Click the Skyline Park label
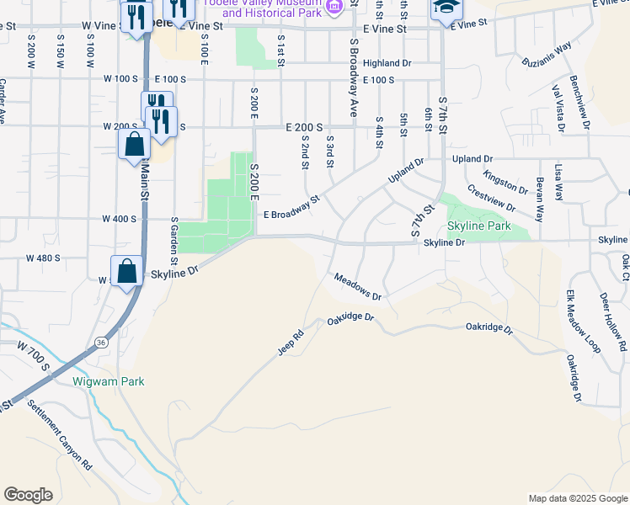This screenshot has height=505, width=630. click(478, 226)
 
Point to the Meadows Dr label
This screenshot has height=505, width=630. click(358, 287)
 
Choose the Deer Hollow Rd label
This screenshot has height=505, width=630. click(612, 322)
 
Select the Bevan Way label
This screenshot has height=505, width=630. click(537, 199)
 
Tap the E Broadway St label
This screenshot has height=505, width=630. click(292, 208)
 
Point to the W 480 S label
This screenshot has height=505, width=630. click(44, 258)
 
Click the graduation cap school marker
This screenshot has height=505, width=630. click(446, 8)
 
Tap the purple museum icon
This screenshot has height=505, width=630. click(334, 6)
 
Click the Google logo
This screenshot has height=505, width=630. click(28, 495)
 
